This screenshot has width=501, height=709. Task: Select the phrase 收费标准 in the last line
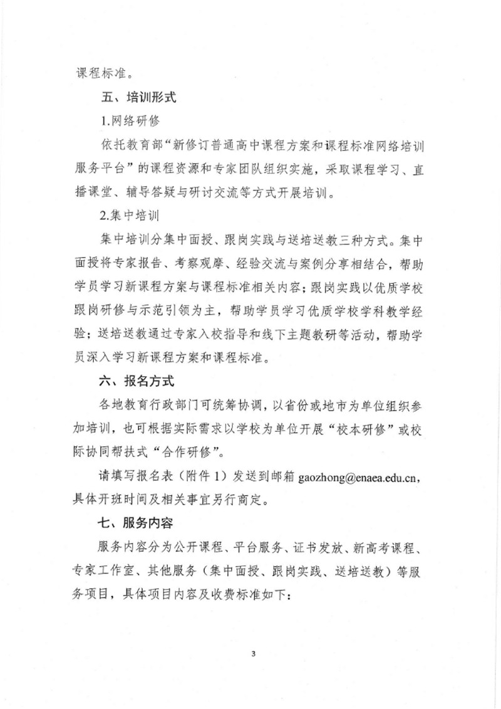(x=243, y=593)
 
